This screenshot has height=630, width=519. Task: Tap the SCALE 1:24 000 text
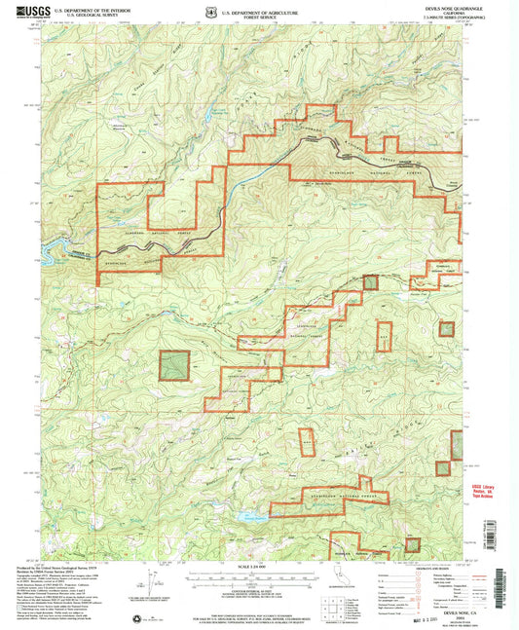(259, 567)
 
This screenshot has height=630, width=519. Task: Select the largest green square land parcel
(174, 365)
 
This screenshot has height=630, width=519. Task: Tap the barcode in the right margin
(504, 574)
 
